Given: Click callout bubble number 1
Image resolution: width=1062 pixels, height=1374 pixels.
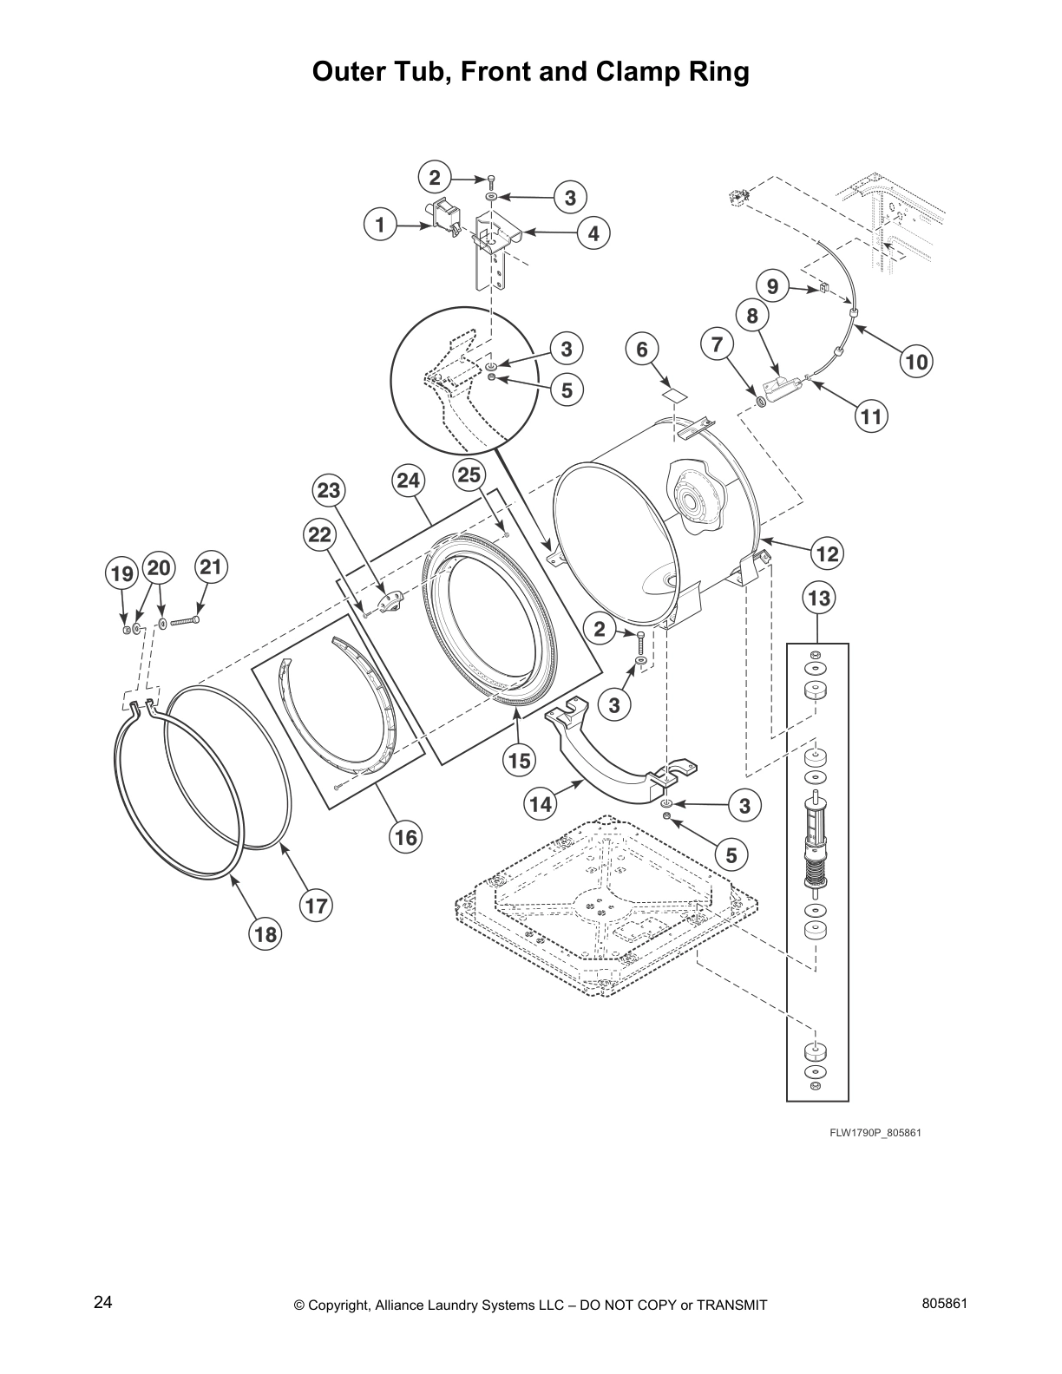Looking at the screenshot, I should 380,226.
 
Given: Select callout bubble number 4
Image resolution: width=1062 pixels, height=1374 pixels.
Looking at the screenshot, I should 593,232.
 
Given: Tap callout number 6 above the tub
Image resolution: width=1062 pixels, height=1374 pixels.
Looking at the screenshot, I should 642,349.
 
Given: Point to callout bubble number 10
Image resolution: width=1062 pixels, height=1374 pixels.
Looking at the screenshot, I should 917,361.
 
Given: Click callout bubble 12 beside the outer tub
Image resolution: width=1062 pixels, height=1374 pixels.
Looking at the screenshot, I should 828,552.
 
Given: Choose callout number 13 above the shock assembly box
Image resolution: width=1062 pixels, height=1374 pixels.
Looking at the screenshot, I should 818,598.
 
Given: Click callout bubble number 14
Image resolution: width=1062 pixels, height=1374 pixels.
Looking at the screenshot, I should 541,804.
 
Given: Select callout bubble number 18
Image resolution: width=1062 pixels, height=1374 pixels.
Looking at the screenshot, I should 265,933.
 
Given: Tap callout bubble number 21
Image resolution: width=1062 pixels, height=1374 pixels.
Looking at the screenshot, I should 210,568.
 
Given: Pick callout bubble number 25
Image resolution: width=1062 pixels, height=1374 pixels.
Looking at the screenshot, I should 469,474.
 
